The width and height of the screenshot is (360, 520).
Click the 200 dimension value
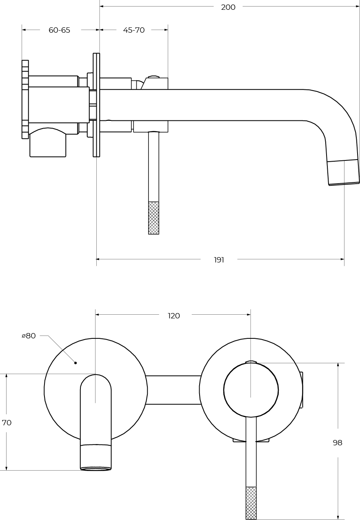228,7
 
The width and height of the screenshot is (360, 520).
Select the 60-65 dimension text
60,30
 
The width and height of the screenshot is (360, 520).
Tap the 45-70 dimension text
134,30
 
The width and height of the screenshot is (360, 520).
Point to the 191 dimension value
219,260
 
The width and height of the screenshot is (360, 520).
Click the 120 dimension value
174,316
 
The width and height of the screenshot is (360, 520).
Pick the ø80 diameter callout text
29,336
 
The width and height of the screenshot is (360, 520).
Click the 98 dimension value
338,443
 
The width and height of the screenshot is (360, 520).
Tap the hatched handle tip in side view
153,218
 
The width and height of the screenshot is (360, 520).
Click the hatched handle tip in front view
251,503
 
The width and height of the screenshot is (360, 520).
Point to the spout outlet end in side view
344,173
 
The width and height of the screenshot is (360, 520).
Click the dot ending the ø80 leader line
76,362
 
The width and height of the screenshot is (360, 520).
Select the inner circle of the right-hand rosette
251,390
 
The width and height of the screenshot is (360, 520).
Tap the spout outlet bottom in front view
96,469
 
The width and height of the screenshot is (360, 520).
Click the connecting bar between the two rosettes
173,390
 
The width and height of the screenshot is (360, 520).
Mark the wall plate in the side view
96,105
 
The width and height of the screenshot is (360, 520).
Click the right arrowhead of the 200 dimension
357,7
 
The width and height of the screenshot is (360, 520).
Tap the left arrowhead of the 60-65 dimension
24,30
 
